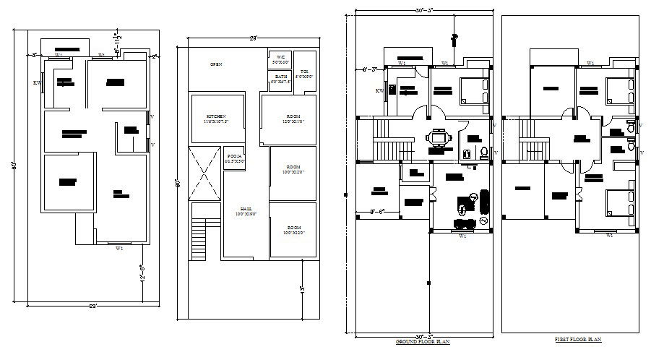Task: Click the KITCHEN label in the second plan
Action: click(216, 118)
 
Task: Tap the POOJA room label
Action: click(234, 157)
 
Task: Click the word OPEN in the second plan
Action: click(215, 64)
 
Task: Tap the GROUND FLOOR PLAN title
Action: click(423, 340)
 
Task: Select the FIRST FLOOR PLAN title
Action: click(578, 338)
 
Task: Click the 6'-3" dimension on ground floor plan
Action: click(372, 70)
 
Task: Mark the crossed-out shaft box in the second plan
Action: click(203, 171)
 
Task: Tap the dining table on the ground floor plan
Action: click(439, 138)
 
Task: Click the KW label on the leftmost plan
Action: click(36, 83)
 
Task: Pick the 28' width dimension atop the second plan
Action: click(254, 37)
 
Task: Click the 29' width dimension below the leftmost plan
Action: click(92, 307)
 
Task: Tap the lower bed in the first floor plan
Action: click(620, 203)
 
